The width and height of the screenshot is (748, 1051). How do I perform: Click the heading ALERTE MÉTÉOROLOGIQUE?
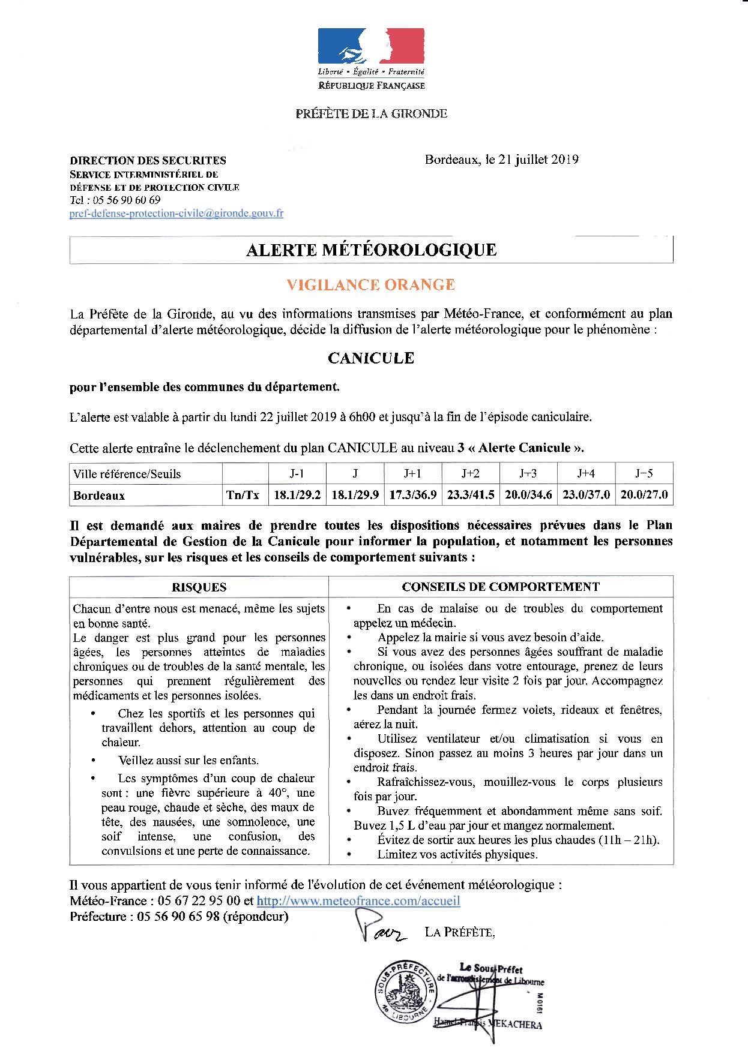tap(371, 250)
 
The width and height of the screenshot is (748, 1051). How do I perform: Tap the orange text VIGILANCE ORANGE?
tap(370, 284)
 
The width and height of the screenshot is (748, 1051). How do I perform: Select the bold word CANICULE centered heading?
tap(371, 358)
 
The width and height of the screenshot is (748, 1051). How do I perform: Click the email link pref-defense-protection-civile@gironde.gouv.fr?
tap(176, 213)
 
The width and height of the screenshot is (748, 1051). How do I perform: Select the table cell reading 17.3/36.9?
tap(412, 495)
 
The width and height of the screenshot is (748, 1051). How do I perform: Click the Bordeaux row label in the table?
tap(99, 496)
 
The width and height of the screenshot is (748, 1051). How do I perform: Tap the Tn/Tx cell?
tap(243, 495)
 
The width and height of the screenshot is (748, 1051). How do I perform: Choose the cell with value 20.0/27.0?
tap(644, 495)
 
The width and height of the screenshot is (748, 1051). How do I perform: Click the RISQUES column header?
tap(199, 587)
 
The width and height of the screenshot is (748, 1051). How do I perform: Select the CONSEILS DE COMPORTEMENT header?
tap(500, 587)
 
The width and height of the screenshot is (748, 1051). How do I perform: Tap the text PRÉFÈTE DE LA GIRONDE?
tap(371, 113)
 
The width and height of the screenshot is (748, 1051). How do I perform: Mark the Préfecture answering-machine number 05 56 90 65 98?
tap(178, 917)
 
